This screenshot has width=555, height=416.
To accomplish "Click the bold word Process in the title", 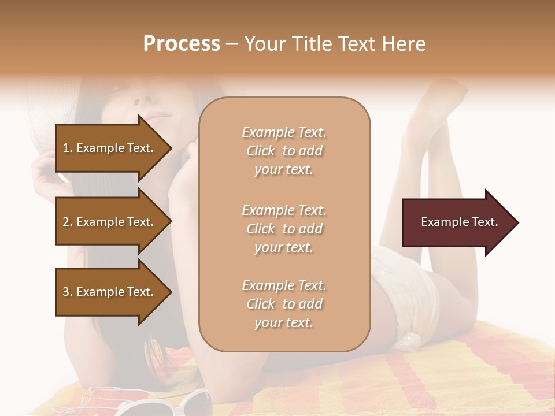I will (x=182, y=44).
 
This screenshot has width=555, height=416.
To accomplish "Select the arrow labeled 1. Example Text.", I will (x=110, y=148).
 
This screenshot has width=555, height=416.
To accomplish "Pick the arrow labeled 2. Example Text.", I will (x=110, y=222).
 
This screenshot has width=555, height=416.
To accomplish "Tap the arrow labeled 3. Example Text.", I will (x=110, y=292).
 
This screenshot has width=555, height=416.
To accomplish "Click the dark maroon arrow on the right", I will (x=457, y=222).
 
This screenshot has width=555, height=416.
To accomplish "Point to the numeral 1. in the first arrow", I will (x=67, y=148).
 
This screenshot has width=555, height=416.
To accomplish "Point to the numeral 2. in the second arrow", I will (x=67, y=222).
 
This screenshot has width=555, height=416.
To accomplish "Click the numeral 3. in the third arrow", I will (x=67, y=292).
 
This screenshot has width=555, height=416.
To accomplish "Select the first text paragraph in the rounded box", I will (x=284, y=151).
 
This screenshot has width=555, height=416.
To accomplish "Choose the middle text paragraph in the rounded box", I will (x=284, y=229).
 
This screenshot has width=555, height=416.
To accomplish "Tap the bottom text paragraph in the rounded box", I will (x=284, y=304).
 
